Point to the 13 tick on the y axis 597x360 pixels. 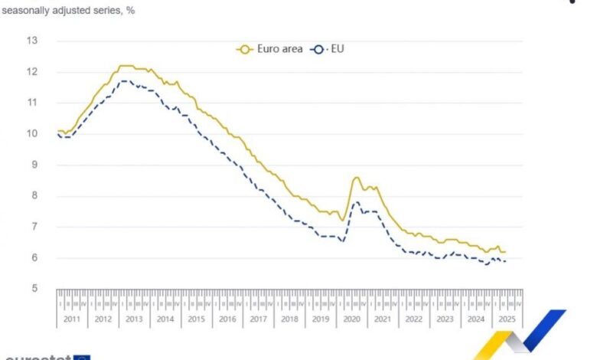32,41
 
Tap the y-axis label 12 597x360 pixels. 32,71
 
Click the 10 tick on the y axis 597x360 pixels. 32,133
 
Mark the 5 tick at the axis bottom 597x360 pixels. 34,288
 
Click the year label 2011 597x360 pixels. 72,319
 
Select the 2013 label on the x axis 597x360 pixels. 134,319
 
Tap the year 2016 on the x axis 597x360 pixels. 227,319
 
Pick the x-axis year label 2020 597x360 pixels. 351,319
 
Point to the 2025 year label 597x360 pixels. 506,319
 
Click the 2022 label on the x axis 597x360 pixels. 413,319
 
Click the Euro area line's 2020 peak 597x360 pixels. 356,178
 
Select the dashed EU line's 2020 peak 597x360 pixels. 355,202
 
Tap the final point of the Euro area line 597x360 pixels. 505,252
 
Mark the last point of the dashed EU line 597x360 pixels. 505,261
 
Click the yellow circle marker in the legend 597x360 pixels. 245,49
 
